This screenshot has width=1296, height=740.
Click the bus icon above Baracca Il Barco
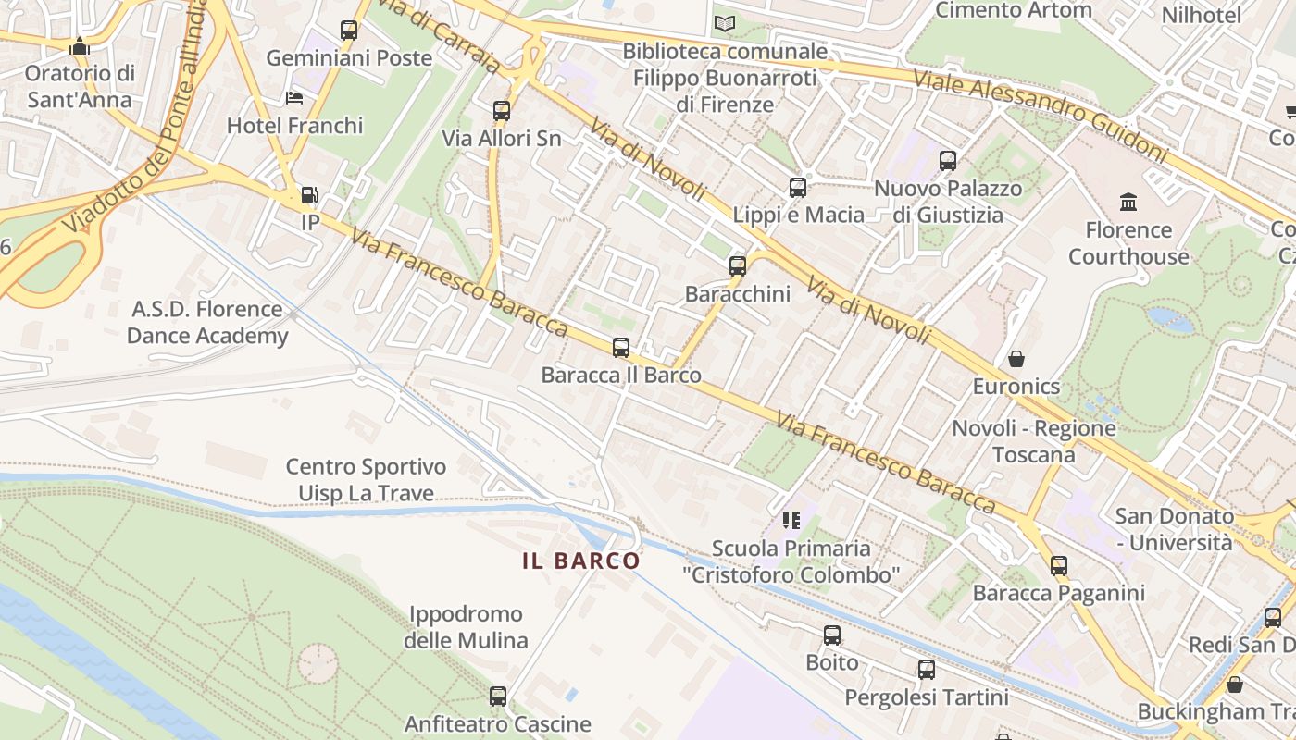[620, 348]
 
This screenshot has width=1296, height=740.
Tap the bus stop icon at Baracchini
[738, 266]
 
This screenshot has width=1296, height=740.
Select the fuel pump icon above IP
[309, 195]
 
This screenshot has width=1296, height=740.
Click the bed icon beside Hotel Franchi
[294, 97]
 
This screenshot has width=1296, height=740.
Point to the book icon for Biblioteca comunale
[725, 23]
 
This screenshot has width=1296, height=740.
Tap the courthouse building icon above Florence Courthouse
[1128, 202]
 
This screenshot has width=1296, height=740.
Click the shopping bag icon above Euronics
[1016, 358]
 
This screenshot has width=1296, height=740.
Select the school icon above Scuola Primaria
[791, 521]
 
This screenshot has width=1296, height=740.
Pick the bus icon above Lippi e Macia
[798, 188]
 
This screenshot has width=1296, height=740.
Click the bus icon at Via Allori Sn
[502, 111]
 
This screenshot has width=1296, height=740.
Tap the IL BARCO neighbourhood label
[581, 561]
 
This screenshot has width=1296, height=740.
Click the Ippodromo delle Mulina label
[466, 627]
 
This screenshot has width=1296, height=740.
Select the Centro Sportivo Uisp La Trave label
[366, 480]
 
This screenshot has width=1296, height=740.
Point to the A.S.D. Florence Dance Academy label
[207, 322]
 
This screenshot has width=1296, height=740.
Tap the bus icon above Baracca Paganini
[1059, 565]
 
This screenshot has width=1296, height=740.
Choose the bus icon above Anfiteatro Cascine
[498, 696]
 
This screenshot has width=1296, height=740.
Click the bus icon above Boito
[832, 635]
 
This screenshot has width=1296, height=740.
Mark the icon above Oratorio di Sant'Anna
[80, 46]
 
